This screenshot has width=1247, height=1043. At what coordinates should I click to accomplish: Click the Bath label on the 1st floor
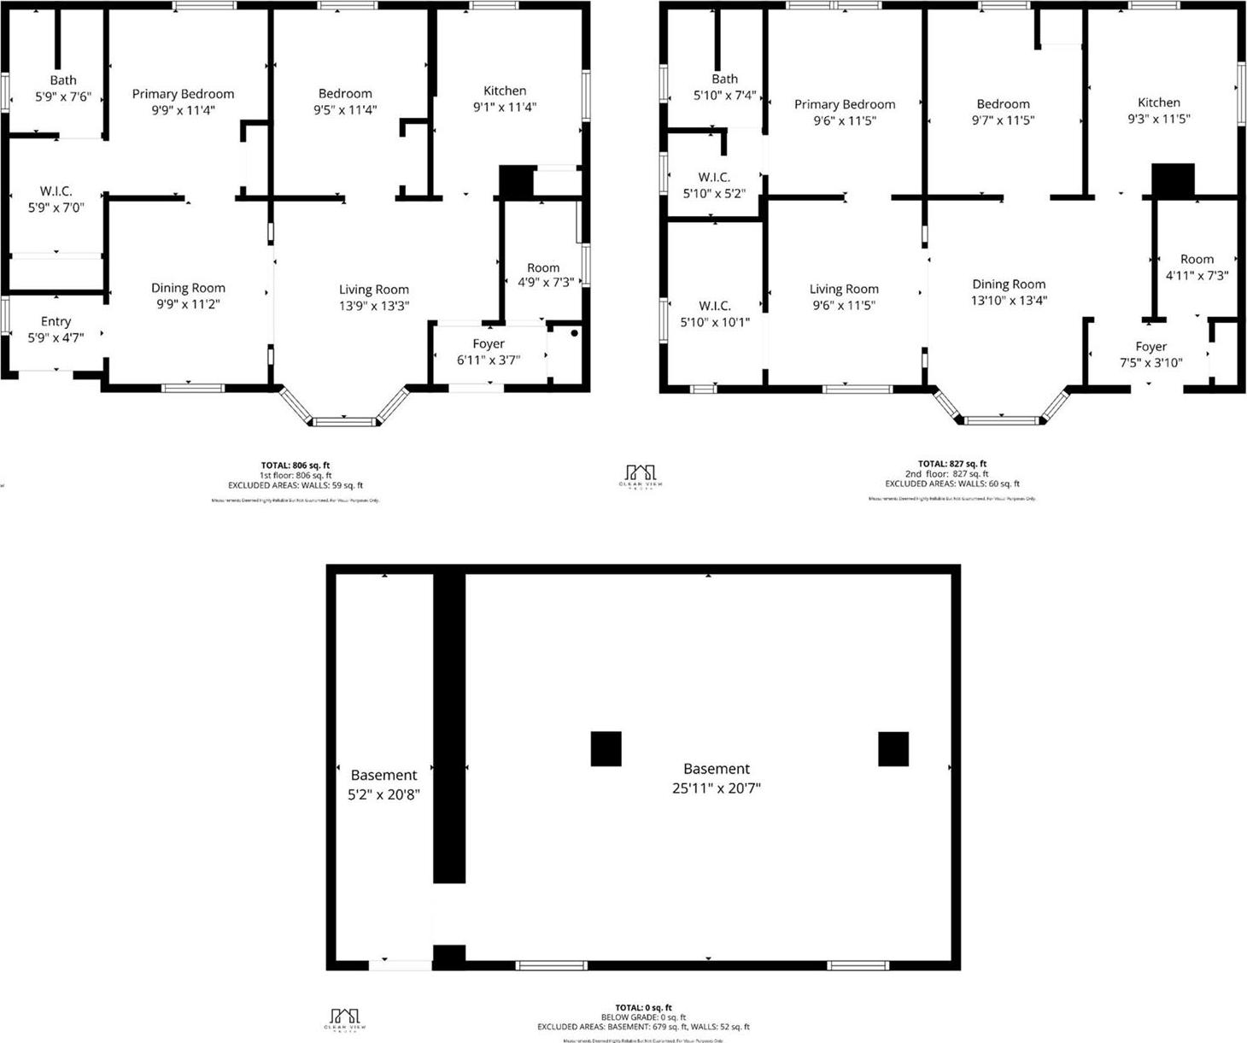coord(62,80)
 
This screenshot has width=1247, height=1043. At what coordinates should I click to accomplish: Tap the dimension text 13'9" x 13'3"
coord(374,306)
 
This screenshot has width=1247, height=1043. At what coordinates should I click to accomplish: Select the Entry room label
coord(56,321)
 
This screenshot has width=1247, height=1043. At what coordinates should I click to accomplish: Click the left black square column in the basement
coord(606,748)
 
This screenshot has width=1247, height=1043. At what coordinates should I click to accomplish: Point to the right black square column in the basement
coord(893,748)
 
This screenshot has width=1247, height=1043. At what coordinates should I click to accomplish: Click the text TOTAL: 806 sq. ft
coord(296,466)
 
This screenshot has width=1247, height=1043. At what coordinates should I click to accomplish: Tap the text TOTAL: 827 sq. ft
coord(952,464)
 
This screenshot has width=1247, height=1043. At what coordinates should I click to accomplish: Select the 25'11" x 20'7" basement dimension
coord(716,788)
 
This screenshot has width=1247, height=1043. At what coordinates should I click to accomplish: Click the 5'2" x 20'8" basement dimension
coord(383,794)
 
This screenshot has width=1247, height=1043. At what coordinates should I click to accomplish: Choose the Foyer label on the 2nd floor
coord(1150,347)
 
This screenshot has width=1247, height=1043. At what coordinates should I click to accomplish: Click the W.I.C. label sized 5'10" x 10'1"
coord(715,306)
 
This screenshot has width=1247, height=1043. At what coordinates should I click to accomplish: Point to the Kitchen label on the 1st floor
coord(505,91)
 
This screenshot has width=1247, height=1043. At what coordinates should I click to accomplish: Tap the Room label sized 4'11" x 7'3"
coord(1197,259)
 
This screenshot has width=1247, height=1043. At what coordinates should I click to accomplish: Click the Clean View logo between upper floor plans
coord(641,475)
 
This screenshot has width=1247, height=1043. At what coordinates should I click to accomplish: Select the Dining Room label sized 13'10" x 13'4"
coord(1009,284)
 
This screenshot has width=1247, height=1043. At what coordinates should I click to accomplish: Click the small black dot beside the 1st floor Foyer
coord(575,333)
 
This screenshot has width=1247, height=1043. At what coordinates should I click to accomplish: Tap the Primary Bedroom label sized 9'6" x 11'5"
coord(845,104)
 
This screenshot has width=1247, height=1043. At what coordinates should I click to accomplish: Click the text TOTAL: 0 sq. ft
coord(643,1008)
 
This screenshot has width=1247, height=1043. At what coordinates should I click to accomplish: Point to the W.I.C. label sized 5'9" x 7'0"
coord(56,191)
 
